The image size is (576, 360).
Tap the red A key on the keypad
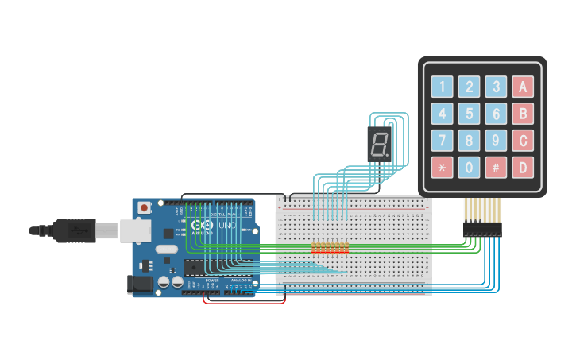[x=522, y=87]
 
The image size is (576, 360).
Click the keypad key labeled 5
[x=470, y=114]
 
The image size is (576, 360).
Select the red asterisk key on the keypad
[x=443, y=168]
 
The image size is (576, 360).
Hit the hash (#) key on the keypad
[x=496, y=168]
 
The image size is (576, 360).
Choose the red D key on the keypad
[x=522, y=168]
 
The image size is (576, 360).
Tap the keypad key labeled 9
[x=496, y=141]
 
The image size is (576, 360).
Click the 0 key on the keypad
[x=470, y=168]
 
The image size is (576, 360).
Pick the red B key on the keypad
[x=522, y=114]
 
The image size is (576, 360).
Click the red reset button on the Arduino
[x=144, y=207]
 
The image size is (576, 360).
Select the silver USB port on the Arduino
[x=135, y=230]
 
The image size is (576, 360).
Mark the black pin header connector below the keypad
[x=482, y=229]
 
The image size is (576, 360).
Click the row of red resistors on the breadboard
[x=330, y=248]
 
